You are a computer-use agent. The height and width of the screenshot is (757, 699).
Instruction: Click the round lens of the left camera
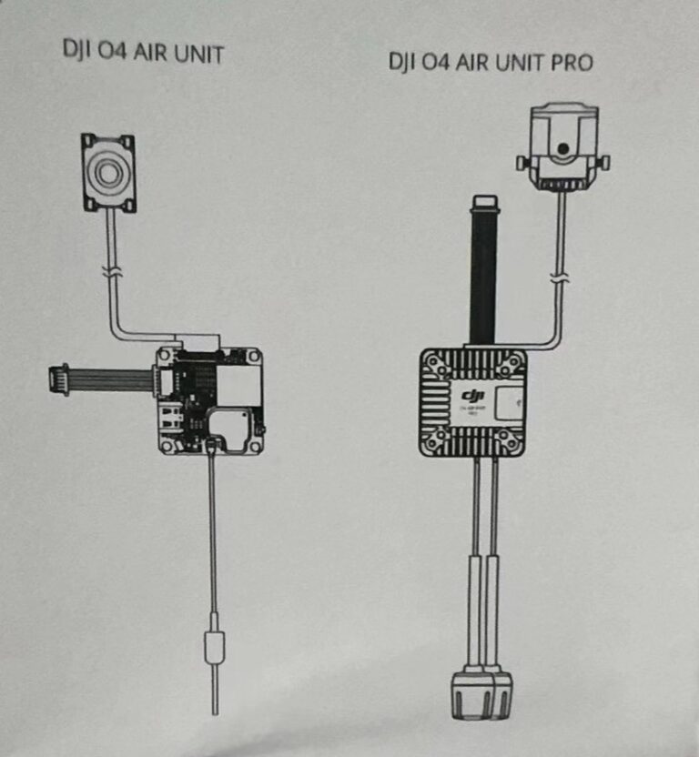[107, 171]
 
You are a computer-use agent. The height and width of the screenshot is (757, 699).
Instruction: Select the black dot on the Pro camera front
[564, 147]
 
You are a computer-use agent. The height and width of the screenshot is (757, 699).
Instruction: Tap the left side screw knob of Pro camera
[522, 163]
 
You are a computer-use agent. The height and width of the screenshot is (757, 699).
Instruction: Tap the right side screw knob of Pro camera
[603, 163]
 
